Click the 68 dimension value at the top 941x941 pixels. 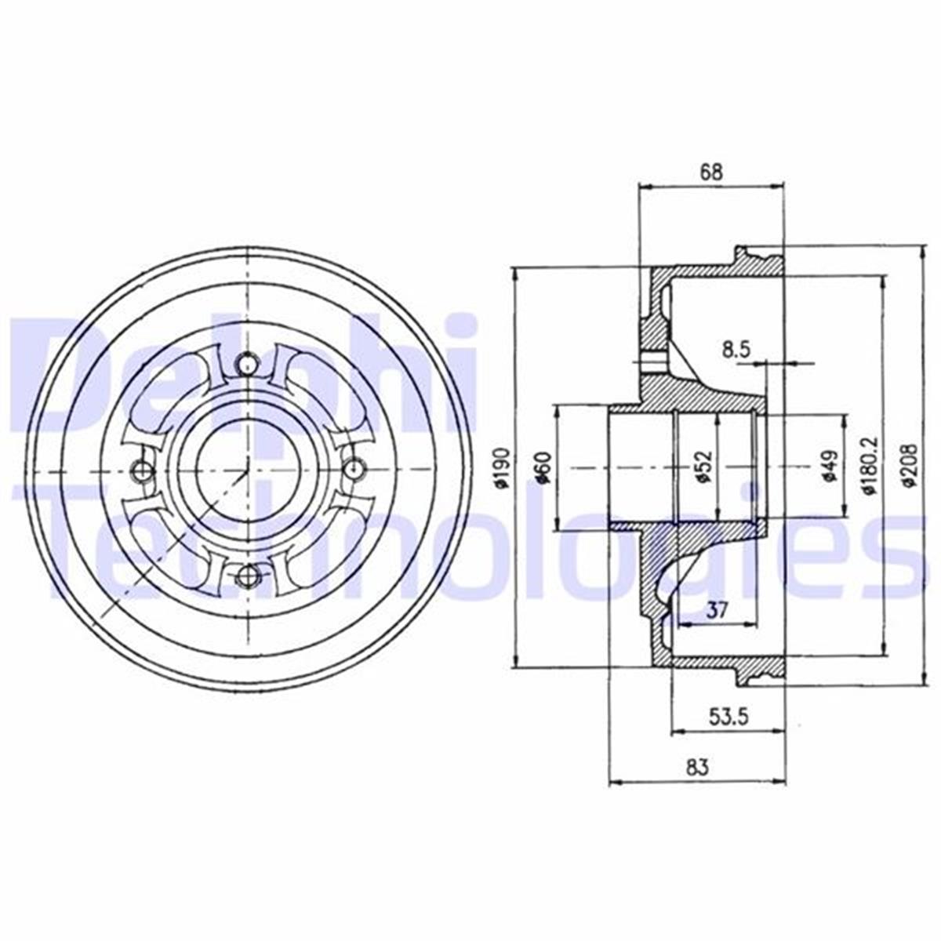click(710, 172)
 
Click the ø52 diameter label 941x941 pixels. click(703, 468)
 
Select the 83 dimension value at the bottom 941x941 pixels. click(696, 768)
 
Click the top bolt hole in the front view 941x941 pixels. click(247, 364)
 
